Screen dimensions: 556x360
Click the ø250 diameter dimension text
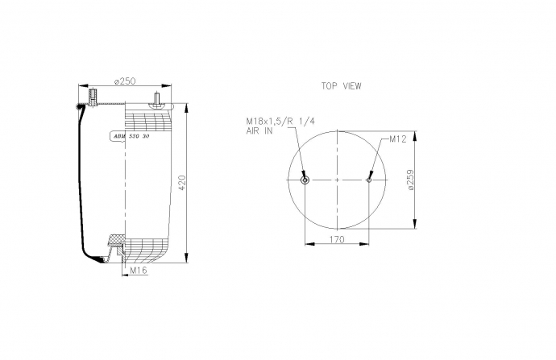pyautogui.click(x=125, y=81)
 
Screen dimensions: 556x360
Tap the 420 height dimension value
pyautogui.click(x=181, y=183)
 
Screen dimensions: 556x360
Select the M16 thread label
pyautogui.click(x=139, y=271)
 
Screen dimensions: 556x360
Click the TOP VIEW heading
pyautogui.click(x=341, y=86)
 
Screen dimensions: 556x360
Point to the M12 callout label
pyautogui.click(x=398, y=139)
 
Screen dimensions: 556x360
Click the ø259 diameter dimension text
pyautogui.click(x=410, y=180)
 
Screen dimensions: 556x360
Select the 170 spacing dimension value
pyautogui.click(x=337, y=239)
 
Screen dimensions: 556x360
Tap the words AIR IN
pyautogui.click(x=259, y=130)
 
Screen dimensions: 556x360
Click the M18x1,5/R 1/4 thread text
pyautogui.click(x=280, y=122)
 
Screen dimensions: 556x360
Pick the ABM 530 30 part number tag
pyautogui.click(x=131, y=136)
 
